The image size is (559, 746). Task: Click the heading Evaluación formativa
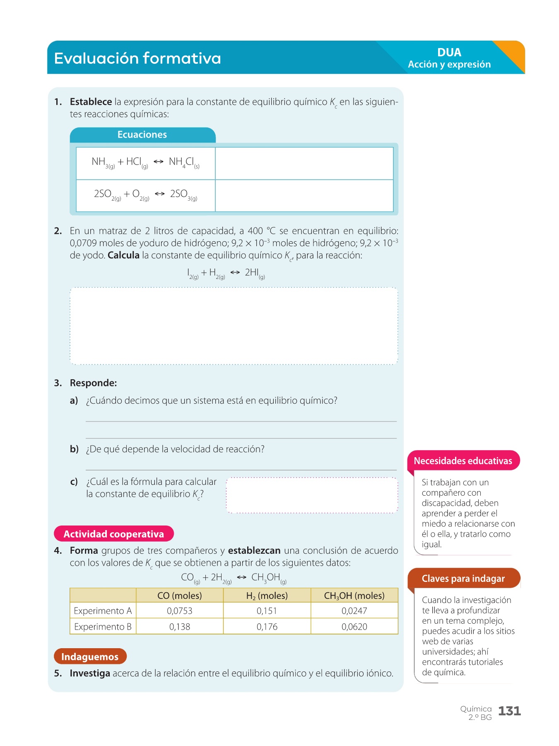point(137,58)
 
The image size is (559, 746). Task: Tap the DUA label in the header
point(449,53)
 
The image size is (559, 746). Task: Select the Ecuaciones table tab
point(142,135)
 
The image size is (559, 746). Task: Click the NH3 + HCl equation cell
point(145,163)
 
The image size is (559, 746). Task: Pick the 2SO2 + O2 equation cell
point(145,195)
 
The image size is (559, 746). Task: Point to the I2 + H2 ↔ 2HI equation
point(226,274)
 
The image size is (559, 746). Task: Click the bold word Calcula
point(123,255)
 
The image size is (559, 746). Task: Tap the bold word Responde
point(93,383)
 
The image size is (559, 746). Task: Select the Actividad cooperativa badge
point(113,534)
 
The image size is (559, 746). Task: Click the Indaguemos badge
point(90,656)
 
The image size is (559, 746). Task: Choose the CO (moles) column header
point(179,596)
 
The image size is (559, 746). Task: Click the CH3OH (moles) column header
point(354,596)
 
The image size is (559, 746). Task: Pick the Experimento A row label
point(103,611)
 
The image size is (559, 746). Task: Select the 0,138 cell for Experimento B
point(179,627)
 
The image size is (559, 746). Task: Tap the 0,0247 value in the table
point(354,611)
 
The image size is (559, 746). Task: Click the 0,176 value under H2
point(267,627)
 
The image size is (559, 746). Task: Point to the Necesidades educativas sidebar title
point(463,461)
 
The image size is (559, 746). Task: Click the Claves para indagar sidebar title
point(463,579)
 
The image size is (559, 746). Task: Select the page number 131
point(509,711)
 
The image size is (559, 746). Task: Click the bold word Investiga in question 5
point(90,673)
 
